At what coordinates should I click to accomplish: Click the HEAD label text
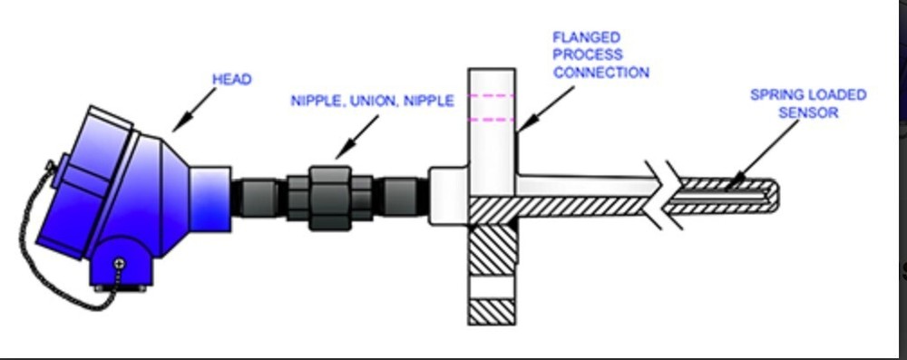click(231, 80)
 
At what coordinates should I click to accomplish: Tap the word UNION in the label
click(372, 101)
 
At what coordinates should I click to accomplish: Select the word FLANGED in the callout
click(586, 38)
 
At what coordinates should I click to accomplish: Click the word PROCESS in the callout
click(588, 55)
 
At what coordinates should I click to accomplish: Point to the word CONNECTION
click(601, 73)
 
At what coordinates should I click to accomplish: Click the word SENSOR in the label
click(808, 112)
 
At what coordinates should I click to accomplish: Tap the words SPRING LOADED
click(808, 94)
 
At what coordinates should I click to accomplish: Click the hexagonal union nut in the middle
click(329, 197)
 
